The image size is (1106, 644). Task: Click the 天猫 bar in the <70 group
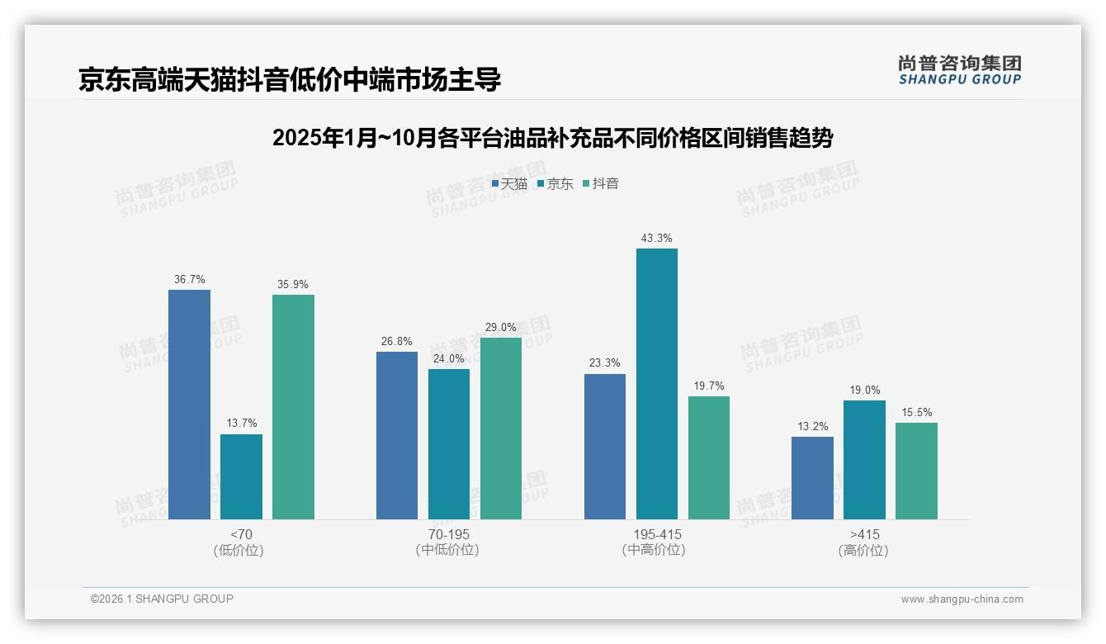pyautogui.click(x=189, y=405)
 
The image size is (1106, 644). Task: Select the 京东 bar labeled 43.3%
pyautogui.click(x=656, y=384)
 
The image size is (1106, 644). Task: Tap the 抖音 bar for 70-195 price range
pyautogui.click(x=500, y=429)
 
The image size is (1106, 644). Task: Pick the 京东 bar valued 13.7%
pyautogui.click(x=241, y=476)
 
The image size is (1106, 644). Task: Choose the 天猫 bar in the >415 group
pyautogui.click(x=812, y=478)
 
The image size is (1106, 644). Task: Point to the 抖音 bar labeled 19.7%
pyautogui.click(x=708, y=457)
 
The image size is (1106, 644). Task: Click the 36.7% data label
pyautogui.click(x=189, y=280)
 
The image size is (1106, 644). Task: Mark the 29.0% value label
pyautogui.click(x=500, y=328)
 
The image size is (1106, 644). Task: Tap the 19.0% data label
pyautogui.click(x=864, y=391)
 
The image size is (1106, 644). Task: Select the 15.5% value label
pyautogui.click(x=916, y=413)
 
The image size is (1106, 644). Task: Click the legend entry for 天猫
pyautogui.click(x=509, y=184)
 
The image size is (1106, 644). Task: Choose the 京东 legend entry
pyautogui.click(x=555, y=184)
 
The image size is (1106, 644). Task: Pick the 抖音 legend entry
pyautogui.click(x=601, y=184)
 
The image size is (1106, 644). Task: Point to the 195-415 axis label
pyautogui.click(x=657, y=534)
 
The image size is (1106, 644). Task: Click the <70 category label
pyautogui.click(x=242, y=534)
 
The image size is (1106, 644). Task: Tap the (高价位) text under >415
pyautogui.click(x=863, y=551)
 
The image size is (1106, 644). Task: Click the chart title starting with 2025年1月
pyautogui.click(x=552, y=138)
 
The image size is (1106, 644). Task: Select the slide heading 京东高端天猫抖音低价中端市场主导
pyautogui.click(x=290, y=80)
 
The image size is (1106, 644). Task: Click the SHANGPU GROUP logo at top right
pyautogui.click(x=959, y=70)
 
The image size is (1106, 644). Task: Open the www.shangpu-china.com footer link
pyautogui.click(x=962, y=599)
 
